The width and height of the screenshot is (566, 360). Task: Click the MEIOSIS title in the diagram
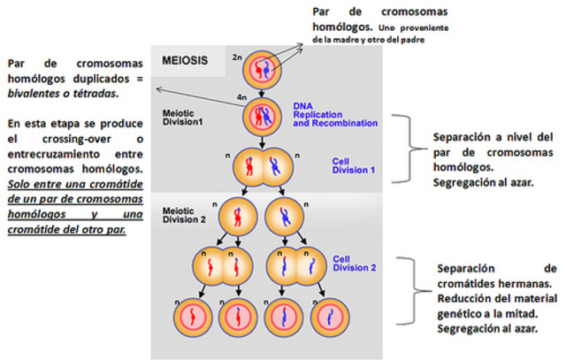coord(186,63)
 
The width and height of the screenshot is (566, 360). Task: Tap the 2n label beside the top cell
coord(236,57)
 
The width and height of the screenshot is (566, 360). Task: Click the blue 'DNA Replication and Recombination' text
coord(325,114)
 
